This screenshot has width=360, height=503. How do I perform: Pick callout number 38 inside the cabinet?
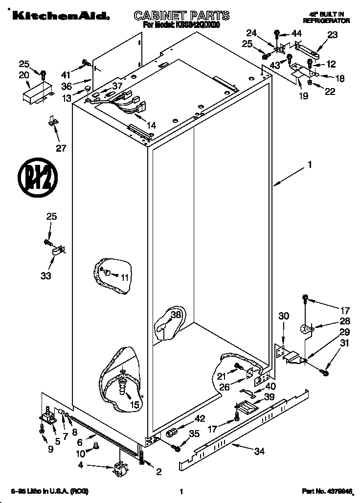point(176,315)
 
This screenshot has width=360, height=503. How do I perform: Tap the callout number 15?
point(134,405)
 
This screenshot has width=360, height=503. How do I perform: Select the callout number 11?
point(125,277)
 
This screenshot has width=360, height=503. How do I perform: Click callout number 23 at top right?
point(332,35)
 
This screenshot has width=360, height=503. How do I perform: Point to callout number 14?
point(151,126)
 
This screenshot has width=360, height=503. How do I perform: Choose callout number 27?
point(60,149)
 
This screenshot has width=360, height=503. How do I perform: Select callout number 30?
point(284,316)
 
